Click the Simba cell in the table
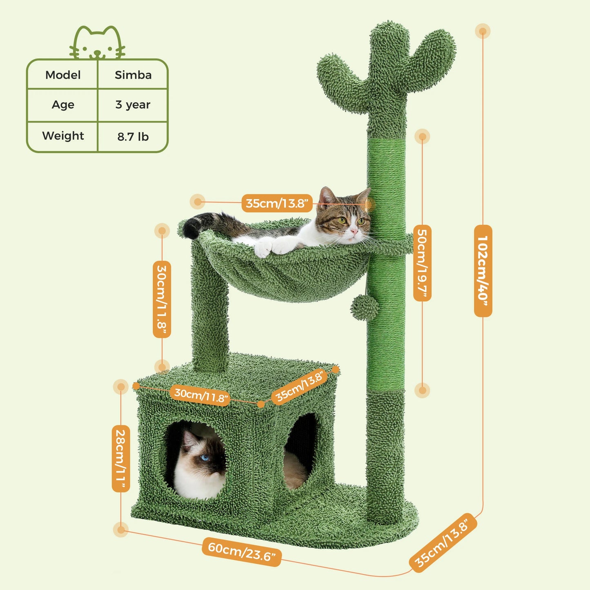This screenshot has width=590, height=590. pos(133,75)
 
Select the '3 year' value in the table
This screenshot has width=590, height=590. pos(133,105)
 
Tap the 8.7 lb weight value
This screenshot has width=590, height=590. pos(133,136)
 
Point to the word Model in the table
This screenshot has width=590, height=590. pos(63,75)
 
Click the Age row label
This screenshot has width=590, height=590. pos(63,105)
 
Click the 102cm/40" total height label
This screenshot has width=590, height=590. pos(483,270)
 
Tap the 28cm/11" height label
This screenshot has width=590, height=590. pos(121,458)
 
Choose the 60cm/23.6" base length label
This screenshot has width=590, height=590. pos(242,551)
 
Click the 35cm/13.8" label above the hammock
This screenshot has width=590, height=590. pos(277,203)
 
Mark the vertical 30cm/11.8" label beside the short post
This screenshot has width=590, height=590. pos(162,299)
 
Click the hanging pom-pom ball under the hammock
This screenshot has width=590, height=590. pos(364,307)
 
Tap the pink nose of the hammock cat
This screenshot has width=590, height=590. pos(354,232)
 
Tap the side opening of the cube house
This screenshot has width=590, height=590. pos(301,449)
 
